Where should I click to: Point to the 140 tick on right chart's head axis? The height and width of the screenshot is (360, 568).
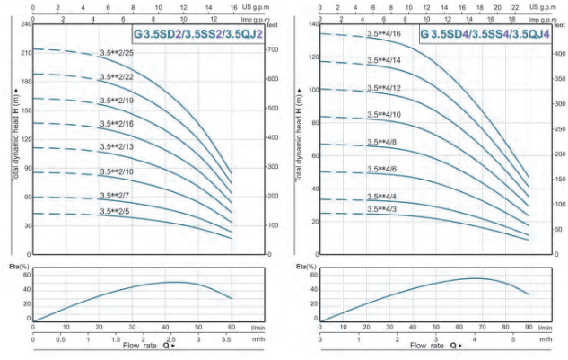click(x=311, y=23)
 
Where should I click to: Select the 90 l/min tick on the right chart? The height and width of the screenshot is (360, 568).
click(x=528, y=328)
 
